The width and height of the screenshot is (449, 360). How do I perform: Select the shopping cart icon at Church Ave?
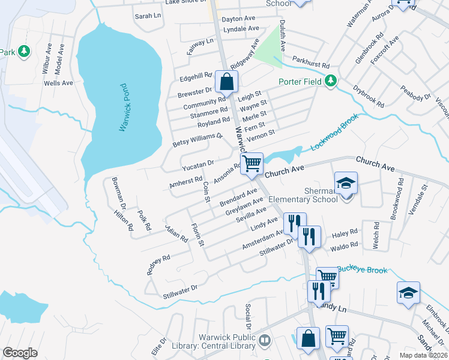[x=252, y=163]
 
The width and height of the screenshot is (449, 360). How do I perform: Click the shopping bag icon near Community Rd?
[x=226, y=81]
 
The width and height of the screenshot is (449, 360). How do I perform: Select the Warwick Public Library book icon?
[x=265, y=341]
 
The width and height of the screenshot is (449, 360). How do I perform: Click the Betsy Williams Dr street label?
[x=197, y=140]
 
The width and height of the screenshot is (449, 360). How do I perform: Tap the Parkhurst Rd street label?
[x=311, y=62]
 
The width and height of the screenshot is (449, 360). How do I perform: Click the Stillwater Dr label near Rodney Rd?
[x=180, y=292]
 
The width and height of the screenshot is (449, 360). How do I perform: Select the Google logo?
[x=20, y=353]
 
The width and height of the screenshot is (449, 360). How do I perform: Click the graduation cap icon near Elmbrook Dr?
[x=408, y=293]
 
